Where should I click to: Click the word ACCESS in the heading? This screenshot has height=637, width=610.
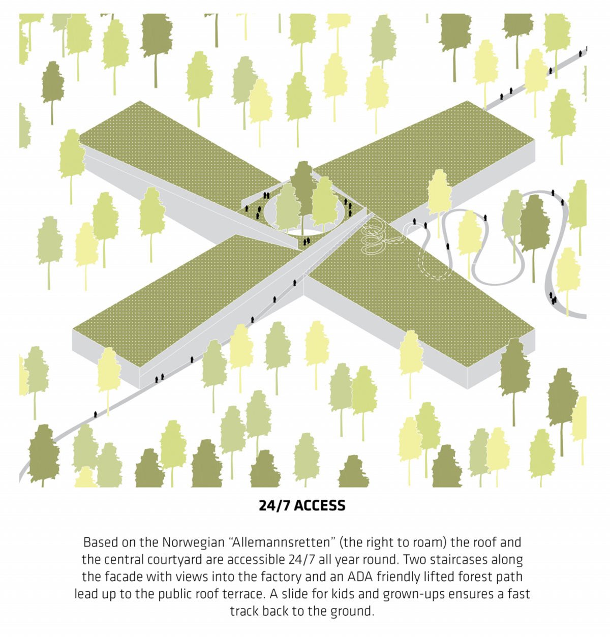pos(319,506)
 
